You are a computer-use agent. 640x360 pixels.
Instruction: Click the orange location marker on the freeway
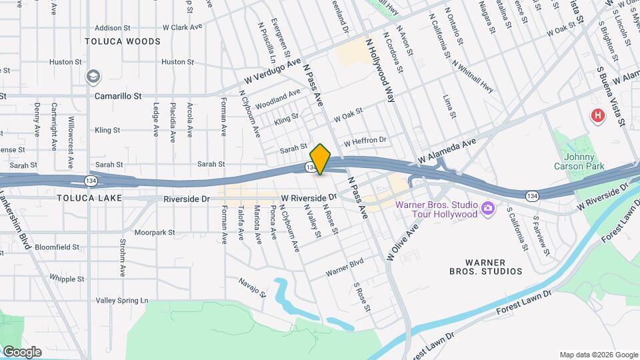tap(321, 159)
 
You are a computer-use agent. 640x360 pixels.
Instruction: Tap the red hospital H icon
tap(598, 116)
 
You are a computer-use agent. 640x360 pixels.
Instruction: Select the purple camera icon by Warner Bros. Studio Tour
tap(489, 209)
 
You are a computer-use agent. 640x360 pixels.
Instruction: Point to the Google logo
tap(22, 351)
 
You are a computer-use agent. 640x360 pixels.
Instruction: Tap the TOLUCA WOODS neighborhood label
tap(123, 41)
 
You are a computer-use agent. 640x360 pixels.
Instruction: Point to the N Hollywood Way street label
tap(382, 71)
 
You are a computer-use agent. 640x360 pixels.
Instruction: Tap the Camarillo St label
tap(118, 96)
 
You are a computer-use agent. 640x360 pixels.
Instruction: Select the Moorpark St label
tap(154, 233)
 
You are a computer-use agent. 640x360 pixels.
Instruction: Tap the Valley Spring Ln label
tap(122, 301)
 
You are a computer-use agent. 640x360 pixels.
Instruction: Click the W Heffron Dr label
tap(365, 141)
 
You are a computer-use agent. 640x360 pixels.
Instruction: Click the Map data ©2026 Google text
tap(598, 354)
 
